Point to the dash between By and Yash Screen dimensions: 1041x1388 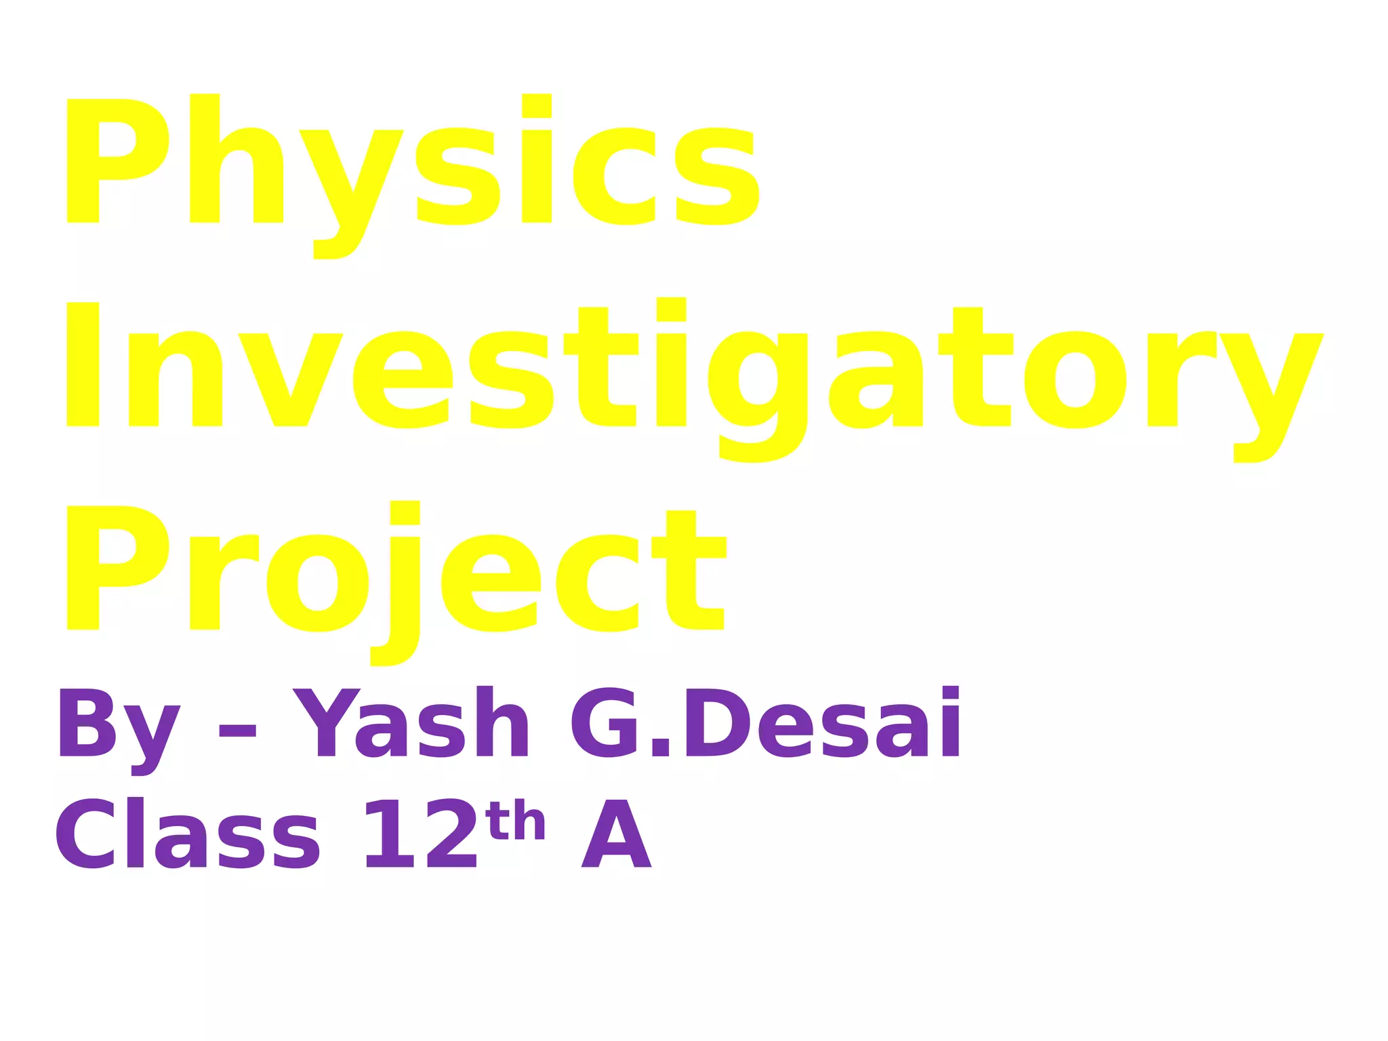click(237, 731)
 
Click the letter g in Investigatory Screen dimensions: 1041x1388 click(757, 393)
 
